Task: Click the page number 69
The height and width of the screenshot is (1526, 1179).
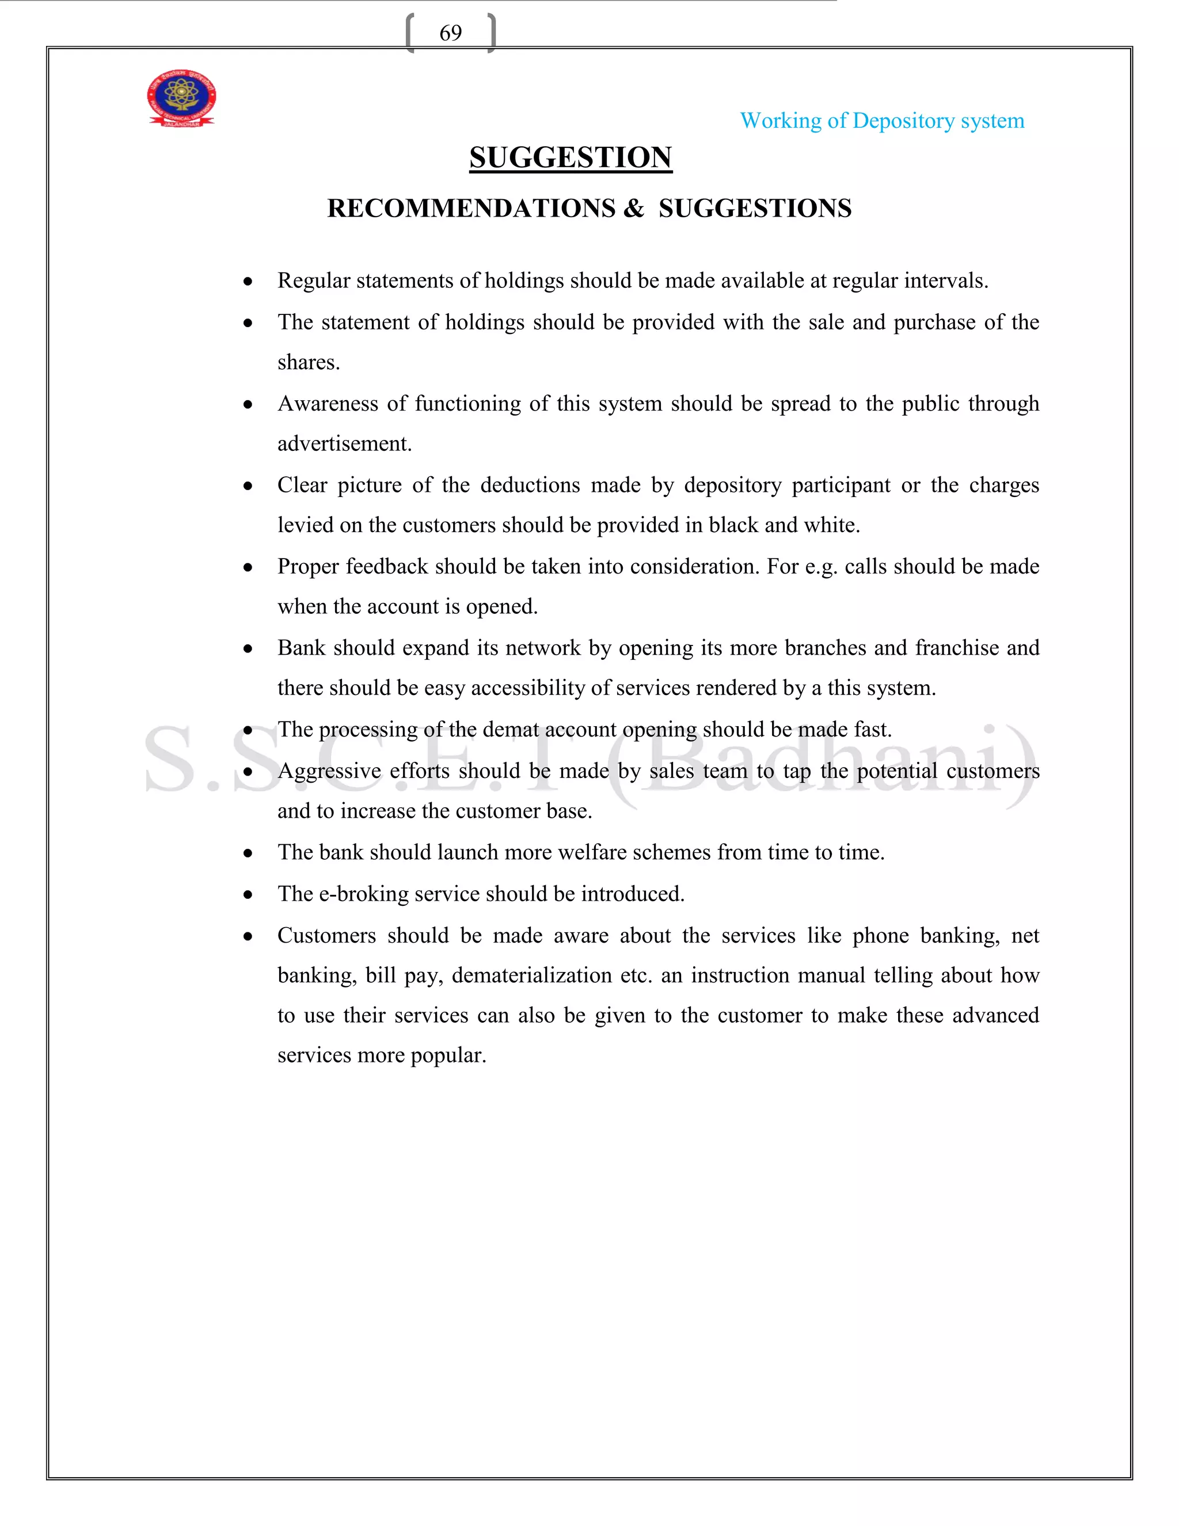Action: (x=451, y=33)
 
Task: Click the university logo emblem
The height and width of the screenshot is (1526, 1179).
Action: (x=181, y=98)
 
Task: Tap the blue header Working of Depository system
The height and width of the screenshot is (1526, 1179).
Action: (x=881, y=121)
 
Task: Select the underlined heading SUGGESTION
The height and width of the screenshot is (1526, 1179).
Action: (x=570, y=158)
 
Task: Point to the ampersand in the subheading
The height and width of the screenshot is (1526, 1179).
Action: (x=633, y=209)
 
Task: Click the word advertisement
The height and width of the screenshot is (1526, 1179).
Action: (x=344, y=443)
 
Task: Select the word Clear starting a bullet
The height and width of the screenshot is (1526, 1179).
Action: (x=302, y=485)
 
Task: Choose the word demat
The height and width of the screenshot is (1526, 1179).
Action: (x=511, y=730)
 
